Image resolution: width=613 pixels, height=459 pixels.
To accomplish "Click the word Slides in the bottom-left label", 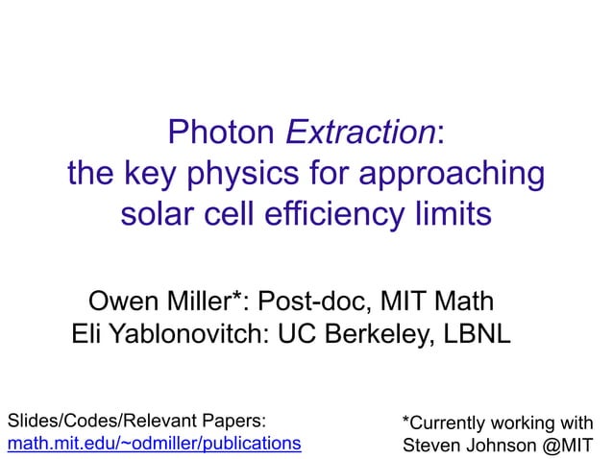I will click(x=29, y=421).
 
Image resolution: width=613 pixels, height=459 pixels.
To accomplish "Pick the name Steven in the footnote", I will click(x=429, y=446).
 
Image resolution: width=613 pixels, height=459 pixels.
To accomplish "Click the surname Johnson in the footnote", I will click(x=500, y=446).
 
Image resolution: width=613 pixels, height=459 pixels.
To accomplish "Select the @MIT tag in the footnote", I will click(x=566, y=446).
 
